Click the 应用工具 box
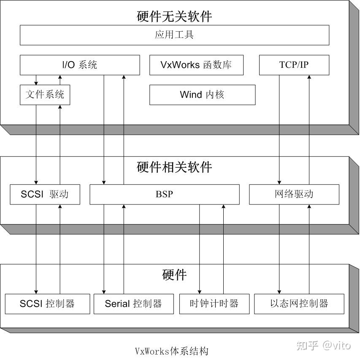[x=174, y=35]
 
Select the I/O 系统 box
[x=79, y=65]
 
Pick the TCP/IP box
[x=294, y=65]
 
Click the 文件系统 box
[x=45, y=95]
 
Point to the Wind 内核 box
[x=202, y=95]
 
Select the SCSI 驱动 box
[x=45, y=194]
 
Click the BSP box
[x=164, y=194]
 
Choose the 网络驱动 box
[x=294, y=194]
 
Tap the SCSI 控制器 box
[x=47, y=304]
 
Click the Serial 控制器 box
[x=133, y=304]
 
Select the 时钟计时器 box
[x=214, y=304]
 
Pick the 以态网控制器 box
[x=299, y=304]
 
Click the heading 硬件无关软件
[x=174, y=16]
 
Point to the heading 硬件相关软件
[x=174, y=167]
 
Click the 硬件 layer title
[x=174, y=275]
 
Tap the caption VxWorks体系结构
[x=171, y=351]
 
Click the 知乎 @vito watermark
[x=323, y=346]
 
